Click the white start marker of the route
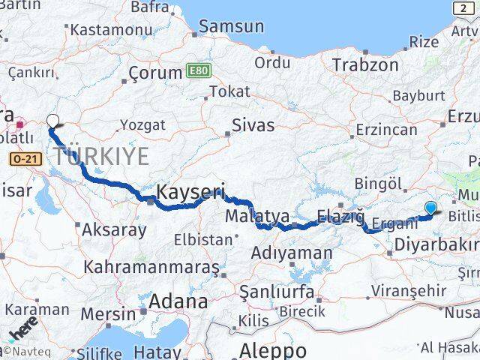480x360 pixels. (52, 121)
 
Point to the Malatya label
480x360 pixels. (257, 217)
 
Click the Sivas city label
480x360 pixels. (253, 125)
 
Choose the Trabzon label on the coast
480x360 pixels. (365, 64)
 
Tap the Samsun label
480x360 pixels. (232, 26)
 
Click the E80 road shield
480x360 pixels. (199, 71)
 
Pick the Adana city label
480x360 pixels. (178, 302)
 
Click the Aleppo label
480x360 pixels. (272, 350)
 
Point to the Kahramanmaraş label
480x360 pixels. (151, 267)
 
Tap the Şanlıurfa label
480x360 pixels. (274, 289)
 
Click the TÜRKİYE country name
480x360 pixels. (100, 157)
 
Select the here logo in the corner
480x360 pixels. (22, 330)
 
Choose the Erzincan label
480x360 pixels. (386, 130)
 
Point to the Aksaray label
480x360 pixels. (113, 229)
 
